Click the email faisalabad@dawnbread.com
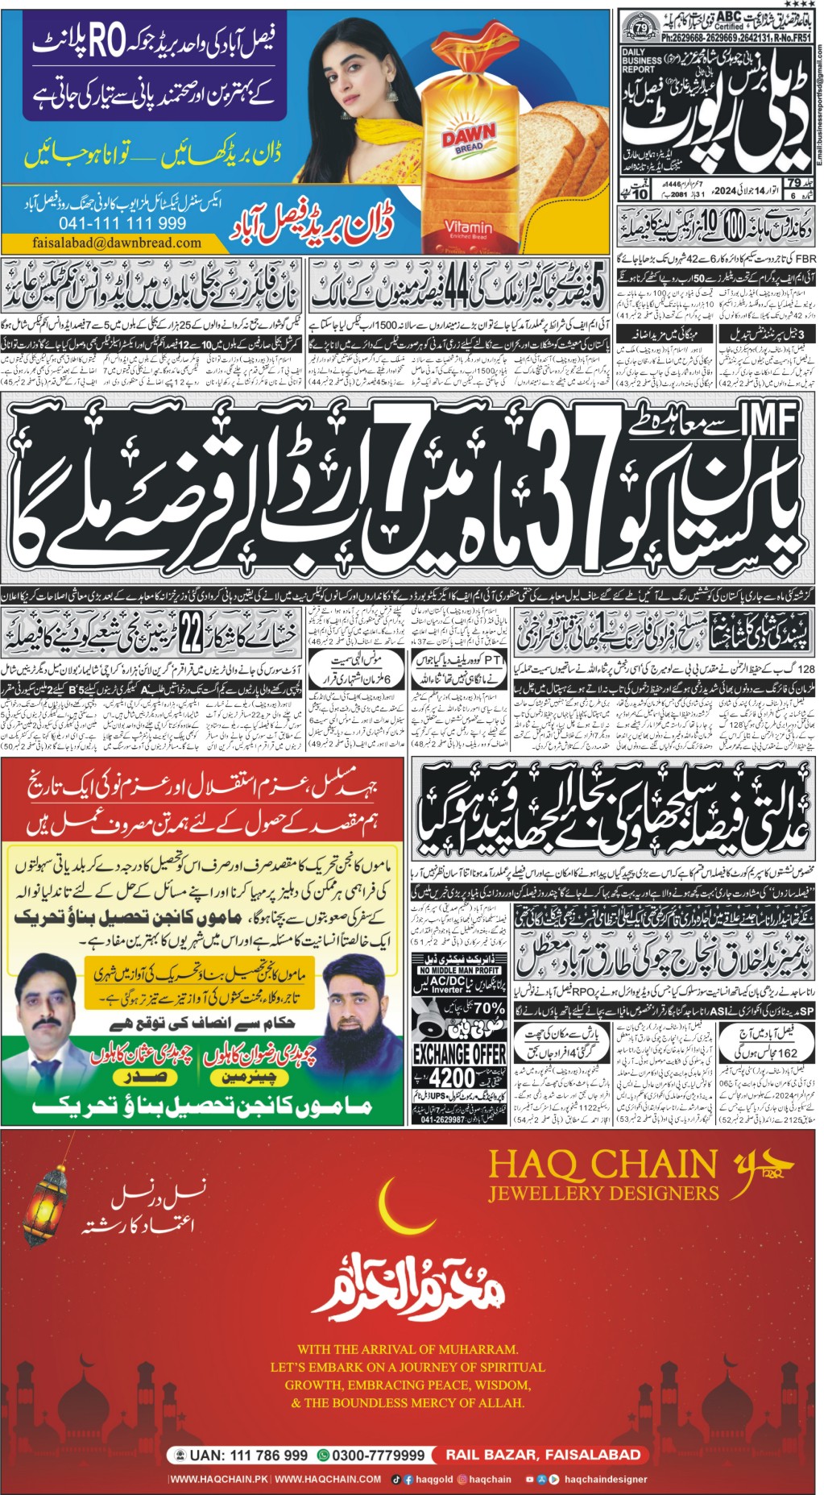click(x=118, y=242)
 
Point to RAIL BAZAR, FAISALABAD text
click(x=544, y=1455)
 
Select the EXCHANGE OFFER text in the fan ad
click(x=459, y=1053)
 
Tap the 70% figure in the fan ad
click(x=489, y=1008)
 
